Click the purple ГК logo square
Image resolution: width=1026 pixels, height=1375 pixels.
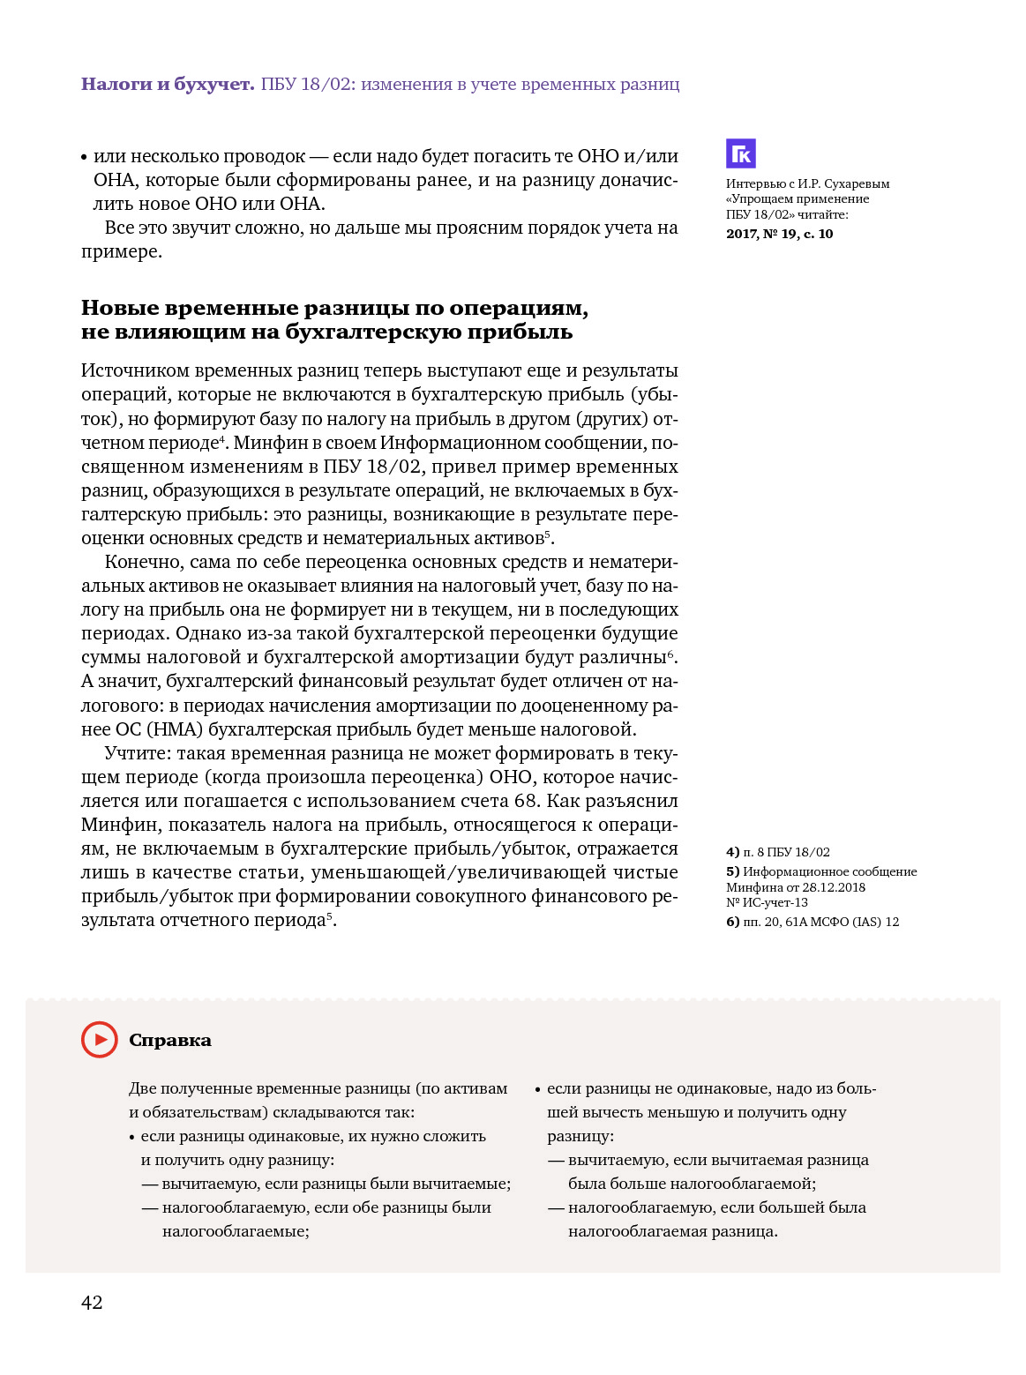(740, 153)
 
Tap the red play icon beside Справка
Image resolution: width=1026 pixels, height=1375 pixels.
(100, 1039)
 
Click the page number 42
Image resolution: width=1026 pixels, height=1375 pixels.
(92, 1302)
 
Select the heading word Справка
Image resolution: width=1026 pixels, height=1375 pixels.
(170, 1040)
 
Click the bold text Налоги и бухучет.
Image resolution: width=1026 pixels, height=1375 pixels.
(168, 84)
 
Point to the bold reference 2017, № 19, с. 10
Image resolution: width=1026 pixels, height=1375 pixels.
(779, 234)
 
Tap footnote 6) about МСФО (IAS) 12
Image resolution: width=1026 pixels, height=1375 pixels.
(812, 922)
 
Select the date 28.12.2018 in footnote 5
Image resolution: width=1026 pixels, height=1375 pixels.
(834, 887)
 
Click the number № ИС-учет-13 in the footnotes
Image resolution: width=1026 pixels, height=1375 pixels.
(767, 902)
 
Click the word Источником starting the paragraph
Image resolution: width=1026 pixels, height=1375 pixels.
(134, 370)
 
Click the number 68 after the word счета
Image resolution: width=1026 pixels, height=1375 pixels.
(524, 801)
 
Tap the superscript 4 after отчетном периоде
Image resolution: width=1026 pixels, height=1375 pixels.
(222, 438)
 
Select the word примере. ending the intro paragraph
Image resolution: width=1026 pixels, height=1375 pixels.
(122, 251)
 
